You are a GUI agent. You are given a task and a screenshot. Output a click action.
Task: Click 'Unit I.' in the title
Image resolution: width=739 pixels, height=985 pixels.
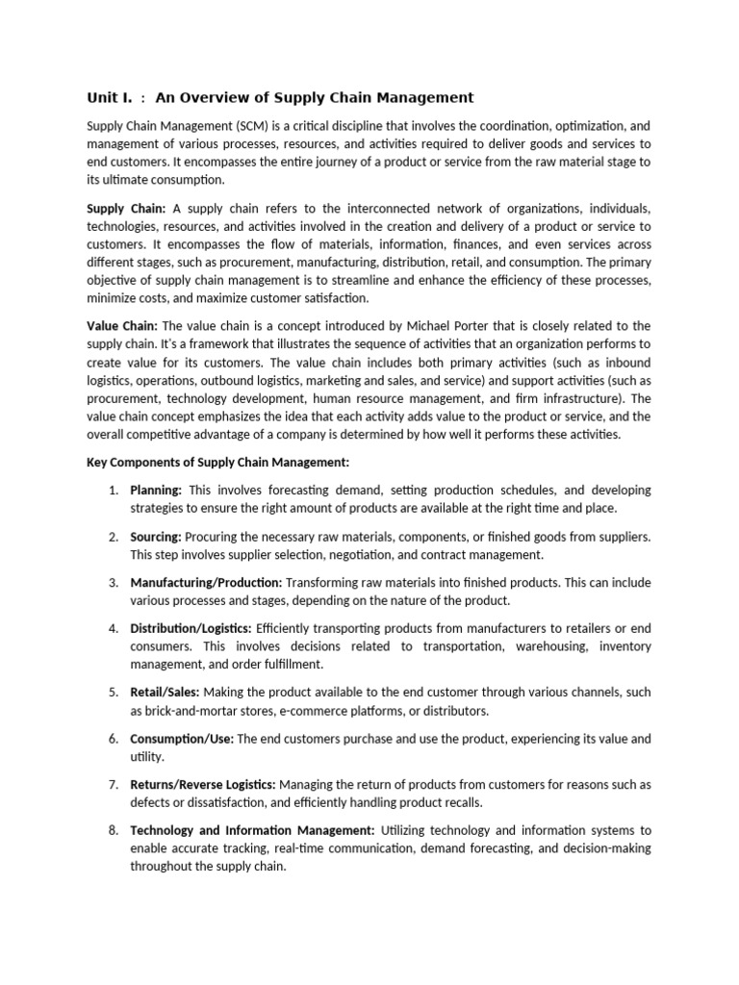tap(110, 97)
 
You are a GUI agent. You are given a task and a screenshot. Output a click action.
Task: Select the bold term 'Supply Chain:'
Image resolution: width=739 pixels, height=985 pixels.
tap(126, 209)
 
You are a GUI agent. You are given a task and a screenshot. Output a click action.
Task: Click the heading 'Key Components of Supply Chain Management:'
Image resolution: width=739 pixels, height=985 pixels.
tap(218, 463)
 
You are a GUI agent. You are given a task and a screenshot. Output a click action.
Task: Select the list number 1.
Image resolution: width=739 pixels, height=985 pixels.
tap(113, 491)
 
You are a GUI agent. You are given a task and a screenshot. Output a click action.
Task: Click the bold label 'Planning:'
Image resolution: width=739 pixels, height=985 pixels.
tap(156, 491)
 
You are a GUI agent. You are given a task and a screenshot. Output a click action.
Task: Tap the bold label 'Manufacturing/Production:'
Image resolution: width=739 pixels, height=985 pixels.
tap(206, 583)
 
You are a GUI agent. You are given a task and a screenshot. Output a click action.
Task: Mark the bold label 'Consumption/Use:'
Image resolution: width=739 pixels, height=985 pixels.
tap(182, 739)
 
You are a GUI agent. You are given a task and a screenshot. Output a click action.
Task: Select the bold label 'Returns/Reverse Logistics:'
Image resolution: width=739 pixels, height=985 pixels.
tap(203, 785)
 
